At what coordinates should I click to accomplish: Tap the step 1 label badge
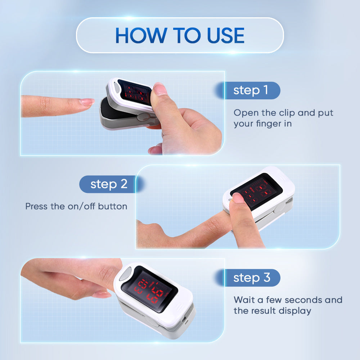[x=251, y=90]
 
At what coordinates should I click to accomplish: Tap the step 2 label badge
[x=108, y=184]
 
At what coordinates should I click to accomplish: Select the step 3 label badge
[x=251, y=278]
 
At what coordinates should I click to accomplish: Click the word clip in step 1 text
[x=288, y=113]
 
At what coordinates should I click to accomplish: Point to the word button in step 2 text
[x=113, y=207]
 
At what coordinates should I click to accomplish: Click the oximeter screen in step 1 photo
[x=135, y=93]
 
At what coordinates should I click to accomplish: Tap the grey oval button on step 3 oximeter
[x=125, y=275]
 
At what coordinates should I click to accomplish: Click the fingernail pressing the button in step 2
[x=237, y=197]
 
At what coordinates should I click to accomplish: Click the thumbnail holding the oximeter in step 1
[x=160, y=89]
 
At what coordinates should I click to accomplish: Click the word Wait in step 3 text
[x=243, y=300]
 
